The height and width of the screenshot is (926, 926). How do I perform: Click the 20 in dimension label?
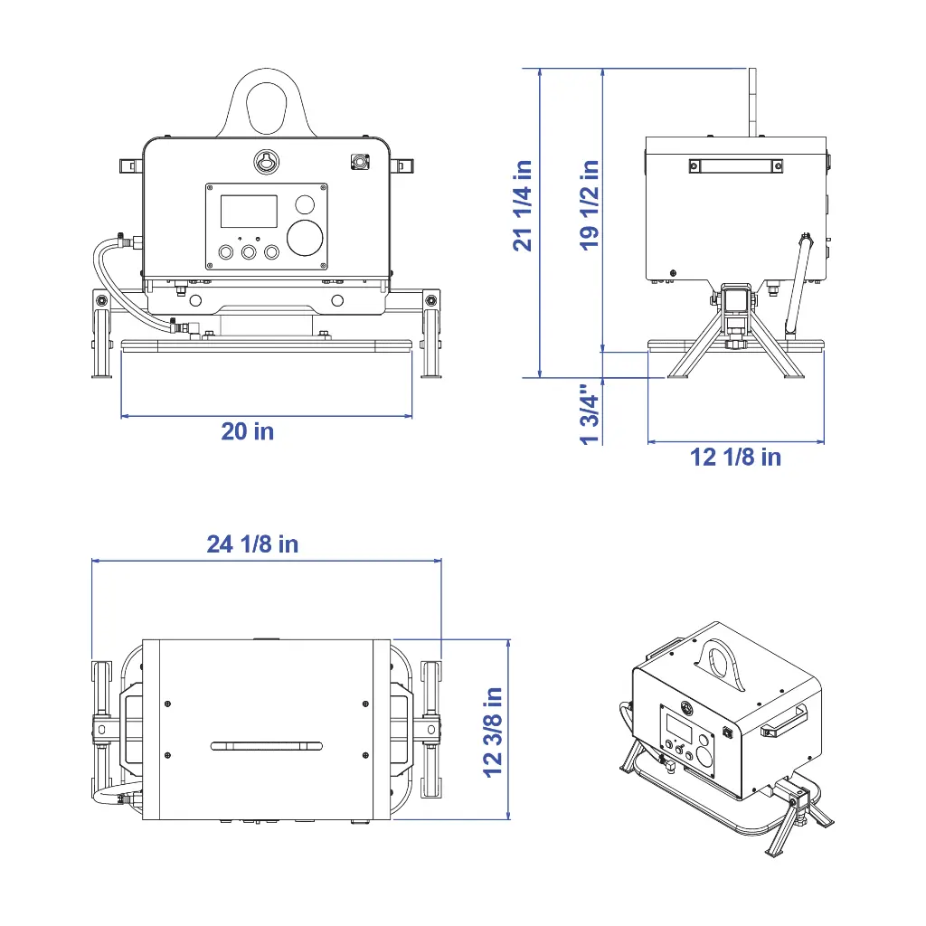tap(247, 431)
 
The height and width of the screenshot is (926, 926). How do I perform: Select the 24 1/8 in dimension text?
tap(252, 543)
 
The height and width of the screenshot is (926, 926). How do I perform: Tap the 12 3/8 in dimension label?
tap(493, 732)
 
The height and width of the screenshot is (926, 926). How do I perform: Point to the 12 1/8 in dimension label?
tap(735, 457)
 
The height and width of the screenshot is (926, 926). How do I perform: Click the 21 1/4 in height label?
tap(523, 205)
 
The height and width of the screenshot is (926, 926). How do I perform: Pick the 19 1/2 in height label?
tap(590, 205)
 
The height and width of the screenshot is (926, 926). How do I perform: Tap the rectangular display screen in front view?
tap(249, 211)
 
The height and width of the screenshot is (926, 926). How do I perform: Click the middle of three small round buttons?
tap(248, 252)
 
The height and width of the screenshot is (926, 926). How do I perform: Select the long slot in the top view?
tap(267, 746)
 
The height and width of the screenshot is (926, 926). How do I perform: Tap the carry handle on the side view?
tap(734, 165)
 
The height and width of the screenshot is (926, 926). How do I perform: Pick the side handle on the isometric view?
tap(782, 722)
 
